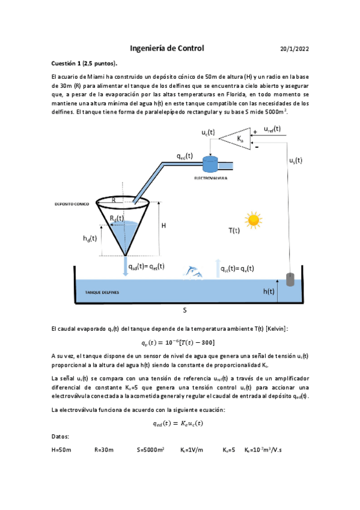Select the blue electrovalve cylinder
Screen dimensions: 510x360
click(211, 164)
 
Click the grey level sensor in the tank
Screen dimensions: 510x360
click(290, 280)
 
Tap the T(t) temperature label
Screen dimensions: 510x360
click(234, 230)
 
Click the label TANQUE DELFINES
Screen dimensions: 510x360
click(102, 292)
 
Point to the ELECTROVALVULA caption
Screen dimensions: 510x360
click(210, 179)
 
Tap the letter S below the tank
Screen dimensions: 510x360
click(185, 311)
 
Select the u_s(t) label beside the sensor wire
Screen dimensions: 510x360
click(296, 161)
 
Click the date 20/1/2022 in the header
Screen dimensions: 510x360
click(294, 49)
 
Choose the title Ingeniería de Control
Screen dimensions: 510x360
click(167, 48)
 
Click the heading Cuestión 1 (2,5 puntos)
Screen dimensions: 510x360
click(85, 64)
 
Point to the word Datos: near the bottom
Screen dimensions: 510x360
click(61, 436)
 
